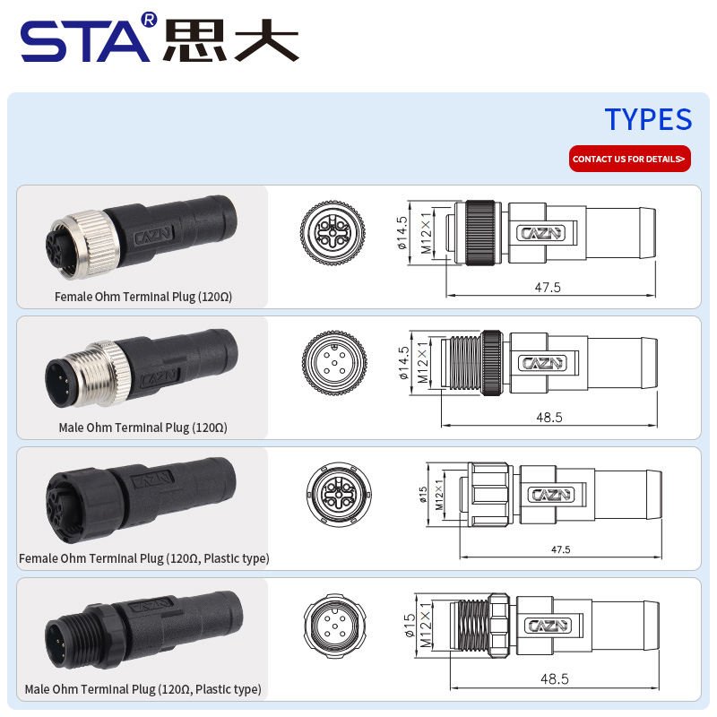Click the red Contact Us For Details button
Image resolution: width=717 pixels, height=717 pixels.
coord(630,159)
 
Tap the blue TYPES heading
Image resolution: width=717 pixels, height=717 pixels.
coord(648,119)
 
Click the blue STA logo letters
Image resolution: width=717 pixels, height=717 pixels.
coord(85,41)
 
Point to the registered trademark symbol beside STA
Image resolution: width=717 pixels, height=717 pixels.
coord(149,20)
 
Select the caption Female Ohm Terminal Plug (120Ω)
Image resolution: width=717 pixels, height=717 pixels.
coord(143,297)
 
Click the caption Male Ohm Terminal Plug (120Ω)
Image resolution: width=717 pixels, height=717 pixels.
coord(143,428)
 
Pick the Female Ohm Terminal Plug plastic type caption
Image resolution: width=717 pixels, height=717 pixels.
coord(144,558)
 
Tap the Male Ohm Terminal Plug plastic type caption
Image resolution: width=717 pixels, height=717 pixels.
coord(143,689)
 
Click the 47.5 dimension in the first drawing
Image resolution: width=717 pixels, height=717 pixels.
coord(548,287)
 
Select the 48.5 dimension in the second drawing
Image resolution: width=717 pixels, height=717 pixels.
coord(549,417)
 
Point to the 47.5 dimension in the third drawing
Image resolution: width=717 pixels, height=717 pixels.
coord(561,549)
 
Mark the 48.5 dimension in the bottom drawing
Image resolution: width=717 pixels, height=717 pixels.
coord(554,678)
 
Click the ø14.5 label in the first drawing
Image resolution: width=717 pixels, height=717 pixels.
coord(402,233)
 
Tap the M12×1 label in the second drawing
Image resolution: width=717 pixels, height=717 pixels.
coord(422,362)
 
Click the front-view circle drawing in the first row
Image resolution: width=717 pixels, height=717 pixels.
coord(333,233)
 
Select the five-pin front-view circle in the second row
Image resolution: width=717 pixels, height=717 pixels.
coord(334,363)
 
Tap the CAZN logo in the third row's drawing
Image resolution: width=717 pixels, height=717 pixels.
coord(551,495)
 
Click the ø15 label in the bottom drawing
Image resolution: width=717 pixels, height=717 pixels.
coord(410,625)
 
